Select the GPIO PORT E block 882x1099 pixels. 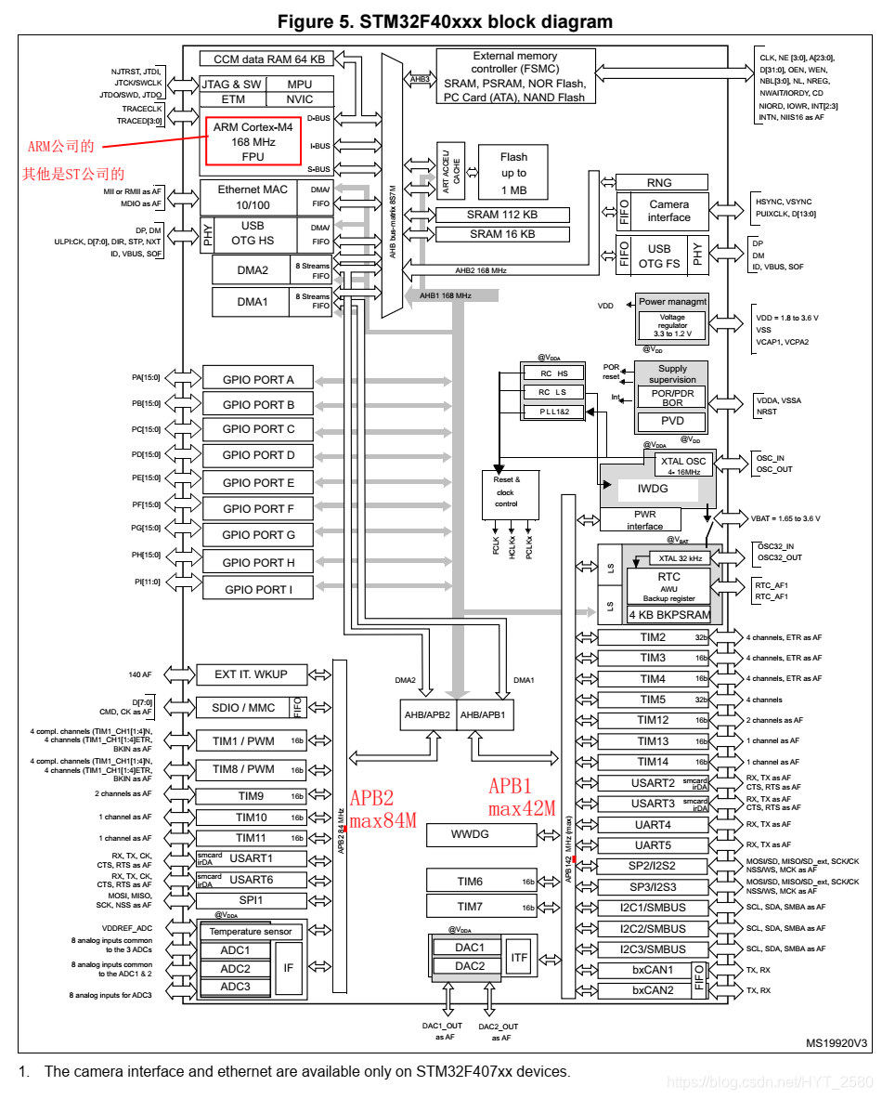[x=258, y=482]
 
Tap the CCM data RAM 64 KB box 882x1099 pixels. [x=269, y=59]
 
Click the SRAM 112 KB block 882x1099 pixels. [x=501, y=214]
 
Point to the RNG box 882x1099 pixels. [x=659, y=183]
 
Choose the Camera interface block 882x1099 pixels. [x=669, y=211]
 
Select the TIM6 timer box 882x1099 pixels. [x=470, y=882]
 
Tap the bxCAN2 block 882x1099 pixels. [x=653, y=990]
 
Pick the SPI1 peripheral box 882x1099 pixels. [x=251, y=900]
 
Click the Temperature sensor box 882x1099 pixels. [x=251, y=931]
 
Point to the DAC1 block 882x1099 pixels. [x=470, y=948]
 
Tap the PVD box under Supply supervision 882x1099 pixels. [x=671, y=421]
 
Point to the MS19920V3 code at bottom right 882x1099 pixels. [x=836, y=1043]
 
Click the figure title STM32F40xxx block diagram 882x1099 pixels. [x=445, y=21]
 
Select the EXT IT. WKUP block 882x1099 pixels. [x=251, y=674]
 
